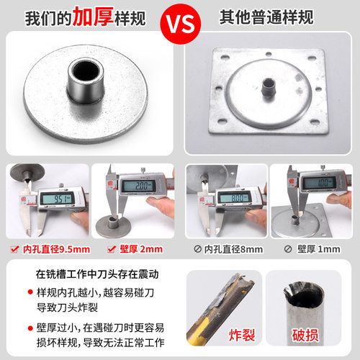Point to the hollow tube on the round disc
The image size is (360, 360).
pyautogui.click(x=84, y=86)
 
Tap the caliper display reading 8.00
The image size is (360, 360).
pyautogui.click(x=235, y=197)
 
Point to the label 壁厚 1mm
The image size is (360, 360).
pyautogui.click(x=317, y=250)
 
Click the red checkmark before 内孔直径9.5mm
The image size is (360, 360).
pyautogui.click(x=12, y=250)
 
